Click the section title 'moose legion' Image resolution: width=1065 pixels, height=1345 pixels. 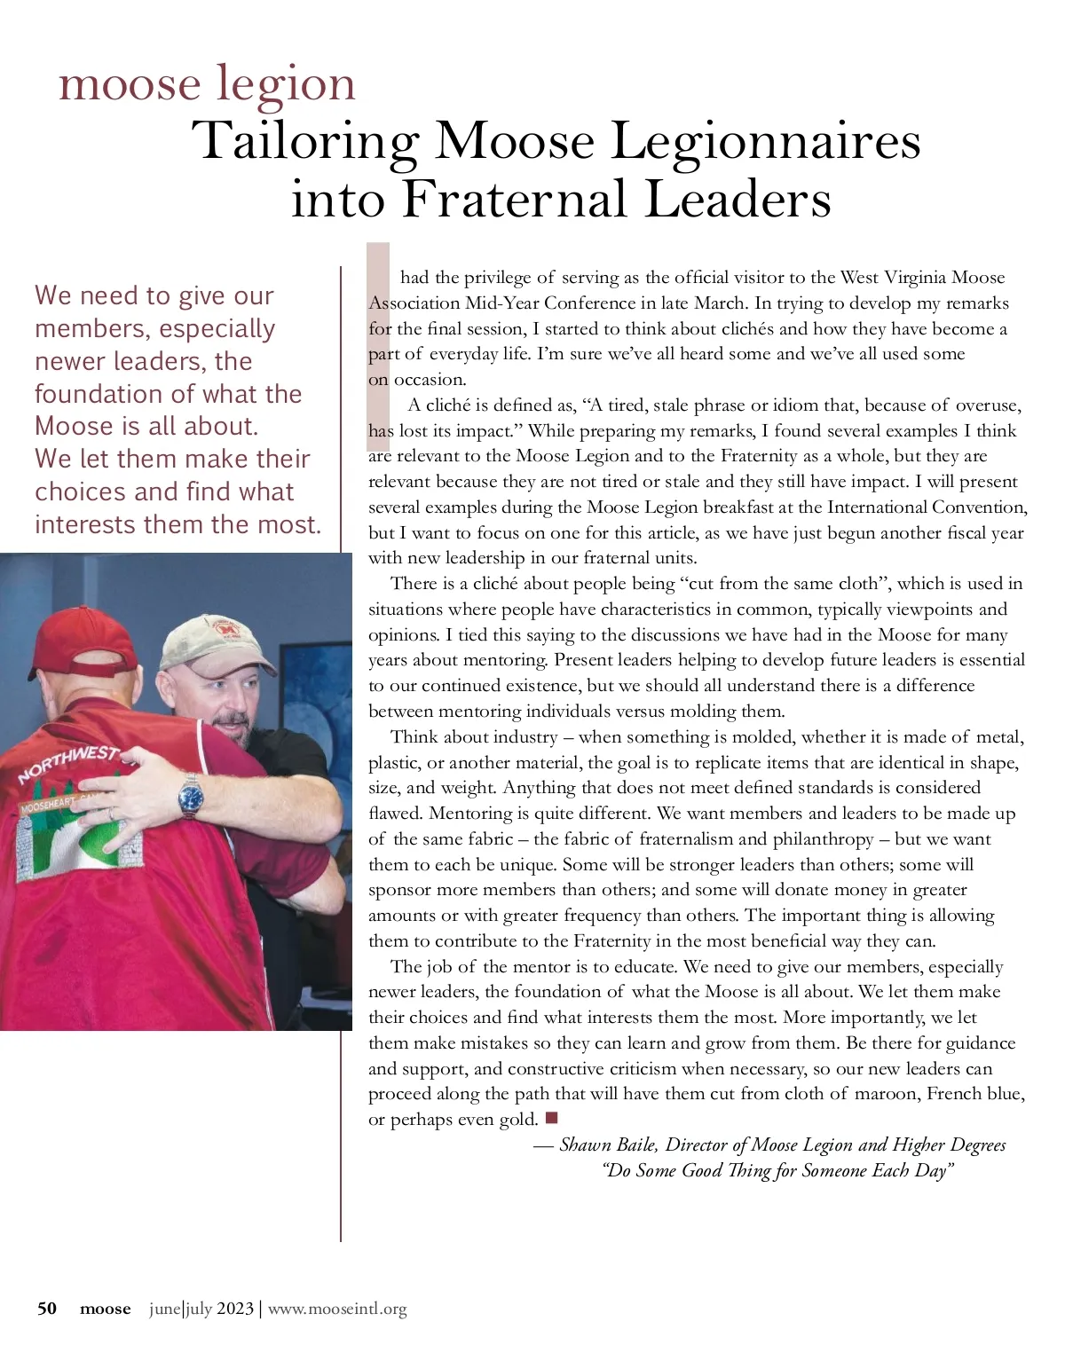207,83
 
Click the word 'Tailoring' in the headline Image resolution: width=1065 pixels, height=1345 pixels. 305,141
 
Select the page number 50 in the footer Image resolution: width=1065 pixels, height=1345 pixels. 47,1309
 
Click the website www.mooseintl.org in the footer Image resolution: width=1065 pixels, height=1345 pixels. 337,1309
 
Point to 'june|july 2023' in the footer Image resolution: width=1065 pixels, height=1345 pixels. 201,1309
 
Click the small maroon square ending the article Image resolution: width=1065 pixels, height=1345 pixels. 551,1117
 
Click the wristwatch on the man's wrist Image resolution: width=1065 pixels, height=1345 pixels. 191,796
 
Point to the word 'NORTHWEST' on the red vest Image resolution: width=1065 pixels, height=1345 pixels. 67,763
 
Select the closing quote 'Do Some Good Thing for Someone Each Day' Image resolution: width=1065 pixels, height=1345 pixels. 777,1170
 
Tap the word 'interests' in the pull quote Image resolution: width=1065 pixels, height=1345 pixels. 85,524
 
